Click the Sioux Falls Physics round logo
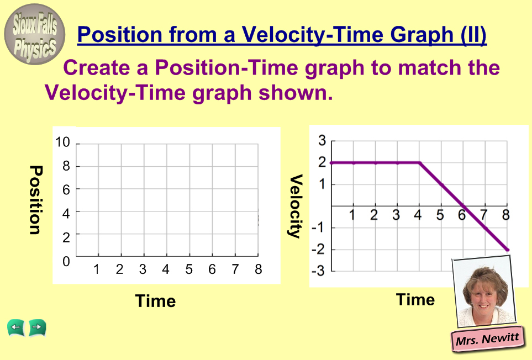[x=34, y=34]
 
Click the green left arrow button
[x=15, y=328]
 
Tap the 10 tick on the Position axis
[x=62, y=142]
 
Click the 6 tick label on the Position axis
[x=66, y=190]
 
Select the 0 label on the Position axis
[x=66, y=261]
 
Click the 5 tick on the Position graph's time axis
[x=188, y=269]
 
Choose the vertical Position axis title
[x=35, y=200]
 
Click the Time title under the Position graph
[x=156, y=301]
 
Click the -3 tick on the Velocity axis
[x=318, y=271]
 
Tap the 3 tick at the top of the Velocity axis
[x=322, y=140]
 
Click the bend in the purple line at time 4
[x=420, y=163]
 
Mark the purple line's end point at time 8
[x=508, y=250]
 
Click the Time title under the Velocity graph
[x=415, y=300]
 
